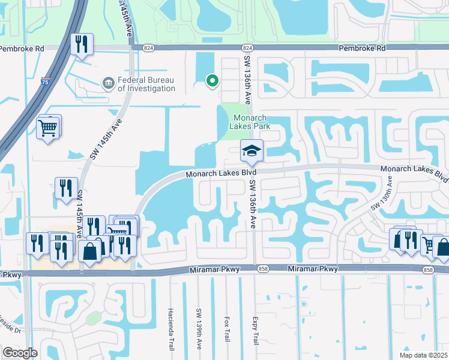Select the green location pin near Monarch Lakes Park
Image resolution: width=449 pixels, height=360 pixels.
[211, 80]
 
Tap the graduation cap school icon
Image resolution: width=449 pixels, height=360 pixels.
[252, 151]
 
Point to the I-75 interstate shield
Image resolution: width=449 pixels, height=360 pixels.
[46, 82]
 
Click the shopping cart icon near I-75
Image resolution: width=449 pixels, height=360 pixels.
[49, 127]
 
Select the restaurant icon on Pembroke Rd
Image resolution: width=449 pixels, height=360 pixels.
[81, 44]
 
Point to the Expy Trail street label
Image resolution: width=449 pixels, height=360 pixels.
[255, 331]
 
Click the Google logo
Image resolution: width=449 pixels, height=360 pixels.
[20, 353]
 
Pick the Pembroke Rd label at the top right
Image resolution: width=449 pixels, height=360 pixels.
[361, 47]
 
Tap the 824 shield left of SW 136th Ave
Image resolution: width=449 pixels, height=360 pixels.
[148, 47]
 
